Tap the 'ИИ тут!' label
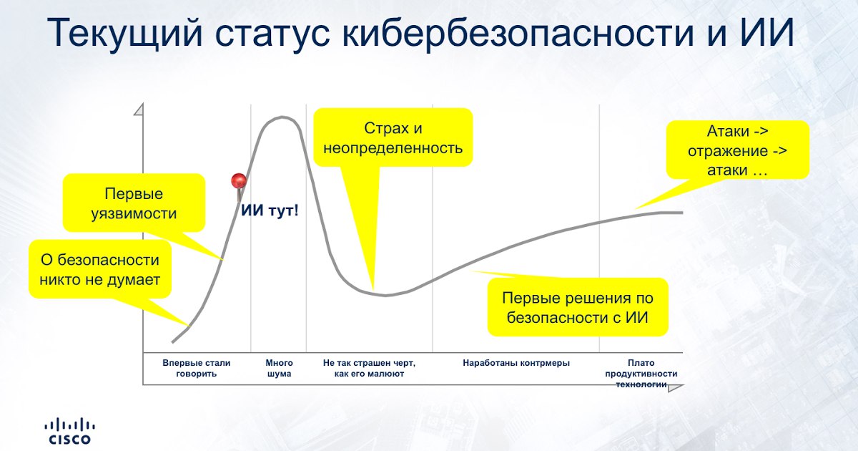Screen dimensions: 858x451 pos(270,210)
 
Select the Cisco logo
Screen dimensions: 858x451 pos(70,432)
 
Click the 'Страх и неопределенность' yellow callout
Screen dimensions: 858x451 pos(393,137)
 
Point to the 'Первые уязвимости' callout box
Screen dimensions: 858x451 pos(134,203)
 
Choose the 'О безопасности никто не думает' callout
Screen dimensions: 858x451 pos(100,269)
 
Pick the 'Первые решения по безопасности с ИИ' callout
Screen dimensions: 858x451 pos(578,307)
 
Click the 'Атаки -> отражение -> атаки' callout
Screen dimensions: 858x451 pos(738,150)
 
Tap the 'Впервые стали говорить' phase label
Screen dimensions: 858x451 pos(197,368)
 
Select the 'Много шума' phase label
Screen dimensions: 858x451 pos(280,368)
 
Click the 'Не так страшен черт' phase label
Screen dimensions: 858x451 pos(369,368)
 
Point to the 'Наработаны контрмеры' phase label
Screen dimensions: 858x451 pos(516,363)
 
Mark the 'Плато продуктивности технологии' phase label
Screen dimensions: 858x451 pos(641,374)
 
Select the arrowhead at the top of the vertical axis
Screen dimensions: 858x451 pos(139,110)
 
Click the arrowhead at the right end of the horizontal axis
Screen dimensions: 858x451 pos(675,388)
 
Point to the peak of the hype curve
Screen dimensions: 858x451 pos(282,117)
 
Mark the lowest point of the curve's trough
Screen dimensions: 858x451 pos(385,295)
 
